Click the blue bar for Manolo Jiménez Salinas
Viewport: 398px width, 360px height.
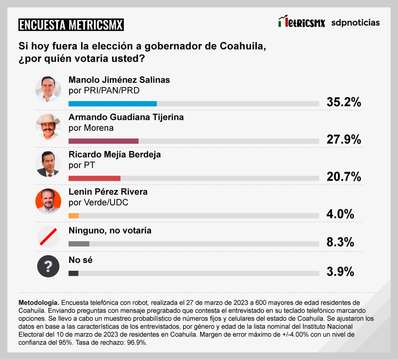tap(113, 104)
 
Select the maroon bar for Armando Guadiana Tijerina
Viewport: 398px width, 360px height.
tap(104, 141)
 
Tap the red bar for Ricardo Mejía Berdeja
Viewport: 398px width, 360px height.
tap(95, 179)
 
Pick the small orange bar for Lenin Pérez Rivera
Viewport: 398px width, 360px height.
tap(74, 216)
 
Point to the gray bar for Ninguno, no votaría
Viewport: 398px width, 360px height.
tap(79, 244)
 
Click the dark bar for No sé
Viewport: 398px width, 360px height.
tap(73, 273)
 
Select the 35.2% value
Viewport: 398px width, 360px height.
tap(343, 102)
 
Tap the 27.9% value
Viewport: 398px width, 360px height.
tap(343, 139)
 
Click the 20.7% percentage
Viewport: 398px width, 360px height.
tap(343, 177)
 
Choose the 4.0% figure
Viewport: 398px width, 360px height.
tap(340, 214)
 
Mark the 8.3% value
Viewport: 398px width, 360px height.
tap(340, 242)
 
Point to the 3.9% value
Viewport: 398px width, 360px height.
tap(340, 272)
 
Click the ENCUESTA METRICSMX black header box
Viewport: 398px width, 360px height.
tap(71, 25)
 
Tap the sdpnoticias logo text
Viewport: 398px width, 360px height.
tap(355, 22)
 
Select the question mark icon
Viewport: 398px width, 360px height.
tap(48, 266)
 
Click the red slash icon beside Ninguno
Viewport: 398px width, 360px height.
tap(48, 237)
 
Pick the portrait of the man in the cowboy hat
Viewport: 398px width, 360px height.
tap(48, 127)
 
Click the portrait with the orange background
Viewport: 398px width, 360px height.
tap(48, 201)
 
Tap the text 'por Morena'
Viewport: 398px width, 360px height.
tap(91, 128)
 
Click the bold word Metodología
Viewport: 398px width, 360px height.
tap(38, 302)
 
